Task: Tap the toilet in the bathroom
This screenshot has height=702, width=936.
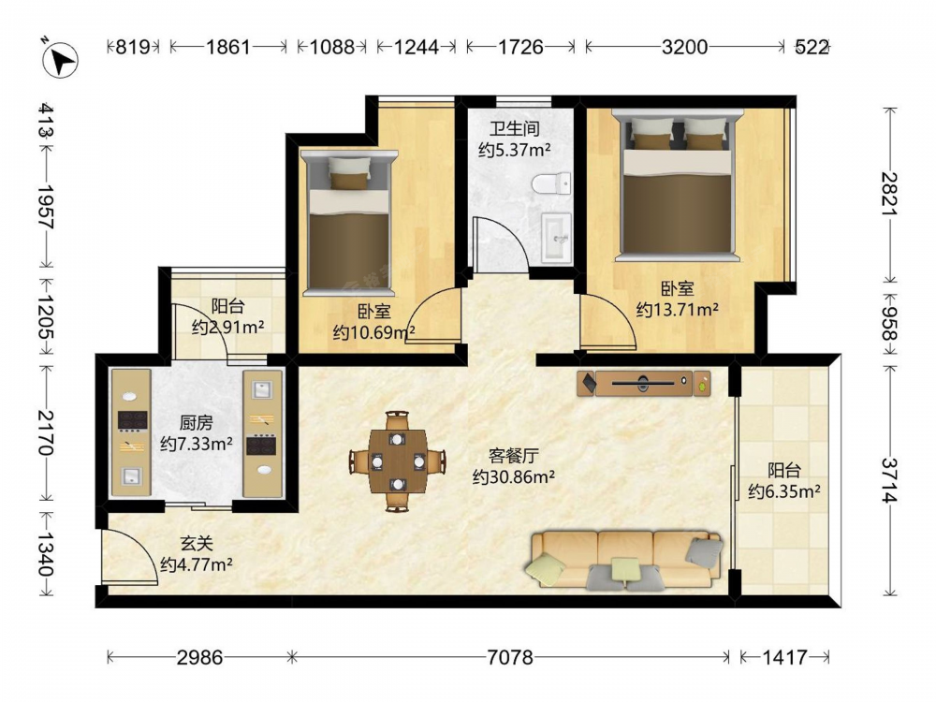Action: (551, 183)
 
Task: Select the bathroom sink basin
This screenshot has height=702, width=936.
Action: (557, 238)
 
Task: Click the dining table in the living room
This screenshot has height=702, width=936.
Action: (398, 461)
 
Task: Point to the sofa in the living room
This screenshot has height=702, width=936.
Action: (624, 560)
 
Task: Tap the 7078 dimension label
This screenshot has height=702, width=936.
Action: (509, 657)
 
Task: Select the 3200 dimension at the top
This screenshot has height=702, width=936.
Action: (684, 47)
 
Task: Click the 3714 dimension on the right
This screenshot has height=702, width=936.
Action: (889, 480)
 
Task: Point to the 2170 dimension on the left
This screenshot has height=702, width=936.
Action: (46, 432)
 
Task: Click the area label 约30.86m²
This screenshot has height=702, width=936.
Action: (514, 477)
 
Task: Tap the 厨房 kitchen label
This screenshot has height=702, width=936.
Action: (196, 423)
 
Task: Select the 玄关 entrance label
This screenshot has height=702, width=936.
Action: (197, 543)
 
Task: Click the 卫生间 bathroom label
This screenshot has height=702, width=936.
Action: (515, 128)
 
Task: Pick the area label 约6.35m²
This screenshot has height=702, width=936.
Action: (784, 491)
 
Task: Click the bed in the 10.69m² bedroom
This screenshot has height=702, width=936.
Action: (349, 223)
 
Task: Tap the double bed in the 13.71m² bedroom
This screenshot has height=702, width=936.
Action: (677, 185)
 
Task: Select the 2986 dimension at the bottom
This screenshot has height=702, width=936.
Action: (199, 657)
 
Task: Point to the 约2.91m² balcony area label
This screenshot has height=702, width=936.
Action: (228, 327)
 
